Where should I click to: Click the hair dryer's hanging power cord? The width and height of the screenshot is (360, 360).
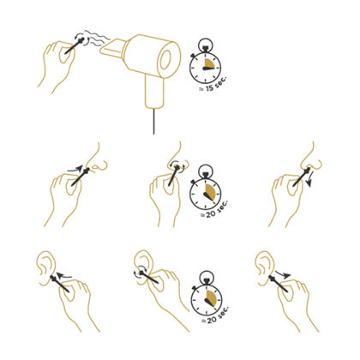coord(153,118)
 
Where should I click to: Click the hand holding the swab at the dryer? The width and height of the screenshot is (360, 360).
coord(57,62)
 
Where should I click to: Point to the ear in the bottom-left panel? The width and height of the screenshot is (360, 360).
coord(45,268)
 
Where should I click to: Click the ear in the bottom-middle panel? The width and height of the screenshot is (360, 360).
coord(145,268)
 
